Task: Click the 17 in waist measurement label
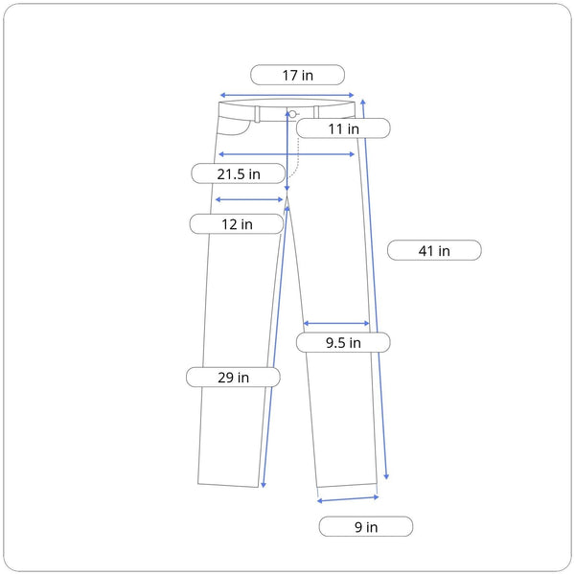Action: click(x=297, y=75)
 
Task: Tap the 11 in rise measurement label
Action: click(x=343, y=128)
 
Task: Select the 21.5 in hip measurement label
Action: click(x=239, y=173)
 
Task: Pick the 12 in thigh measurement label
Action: click(x=237, y=223)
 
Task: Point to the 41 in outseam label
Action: click(x=434, y=250)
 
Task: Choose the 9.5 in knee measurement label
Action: click(x=343, y=342)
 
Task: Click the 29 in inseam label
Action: click(x=233, y=377)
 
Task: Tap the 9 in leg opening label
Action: click(x=366, y=526)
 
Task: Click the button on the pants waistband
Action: click(x=292, y=114)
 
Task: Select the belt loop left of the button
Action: click(x=258, y=114)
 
